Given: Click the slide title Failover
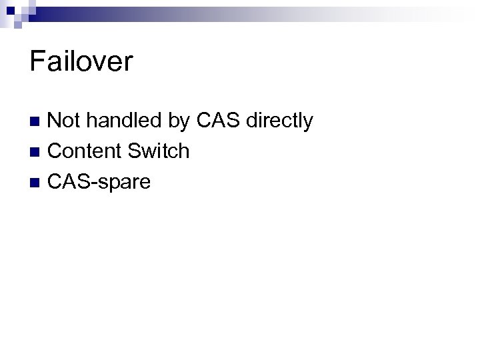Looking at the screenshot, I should click(81, 62).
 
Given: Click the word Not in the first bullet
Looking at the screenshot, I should click(63, 121).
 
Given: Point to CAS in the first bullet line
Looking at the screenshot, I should click(218, 121).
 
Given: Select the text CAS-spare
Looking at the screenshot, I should click(99, 181).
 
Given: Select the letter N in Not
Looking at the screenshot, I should click(55, 121).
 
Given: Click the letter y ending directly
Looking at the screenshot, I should click(307, 123).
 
